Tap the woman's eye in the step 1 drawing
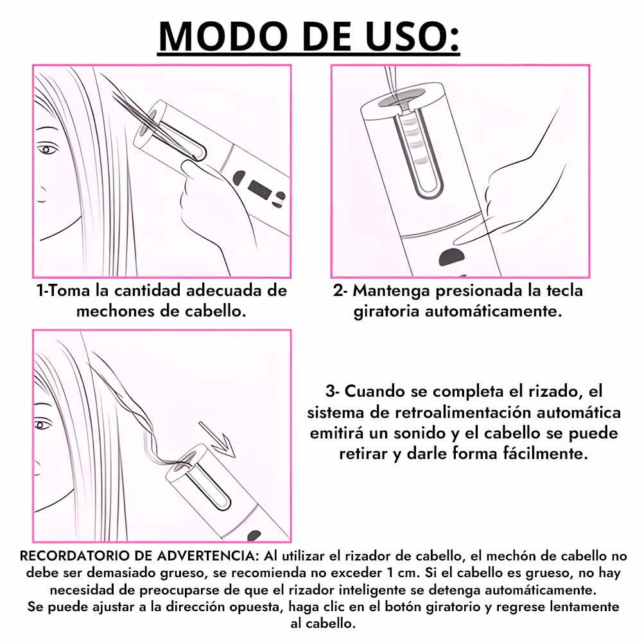pos(47,149)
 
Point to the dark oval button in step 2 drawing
pos(451,257)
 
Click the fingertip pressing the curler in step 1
pos(189,168)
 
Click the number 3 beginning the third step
pos(331,392)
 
